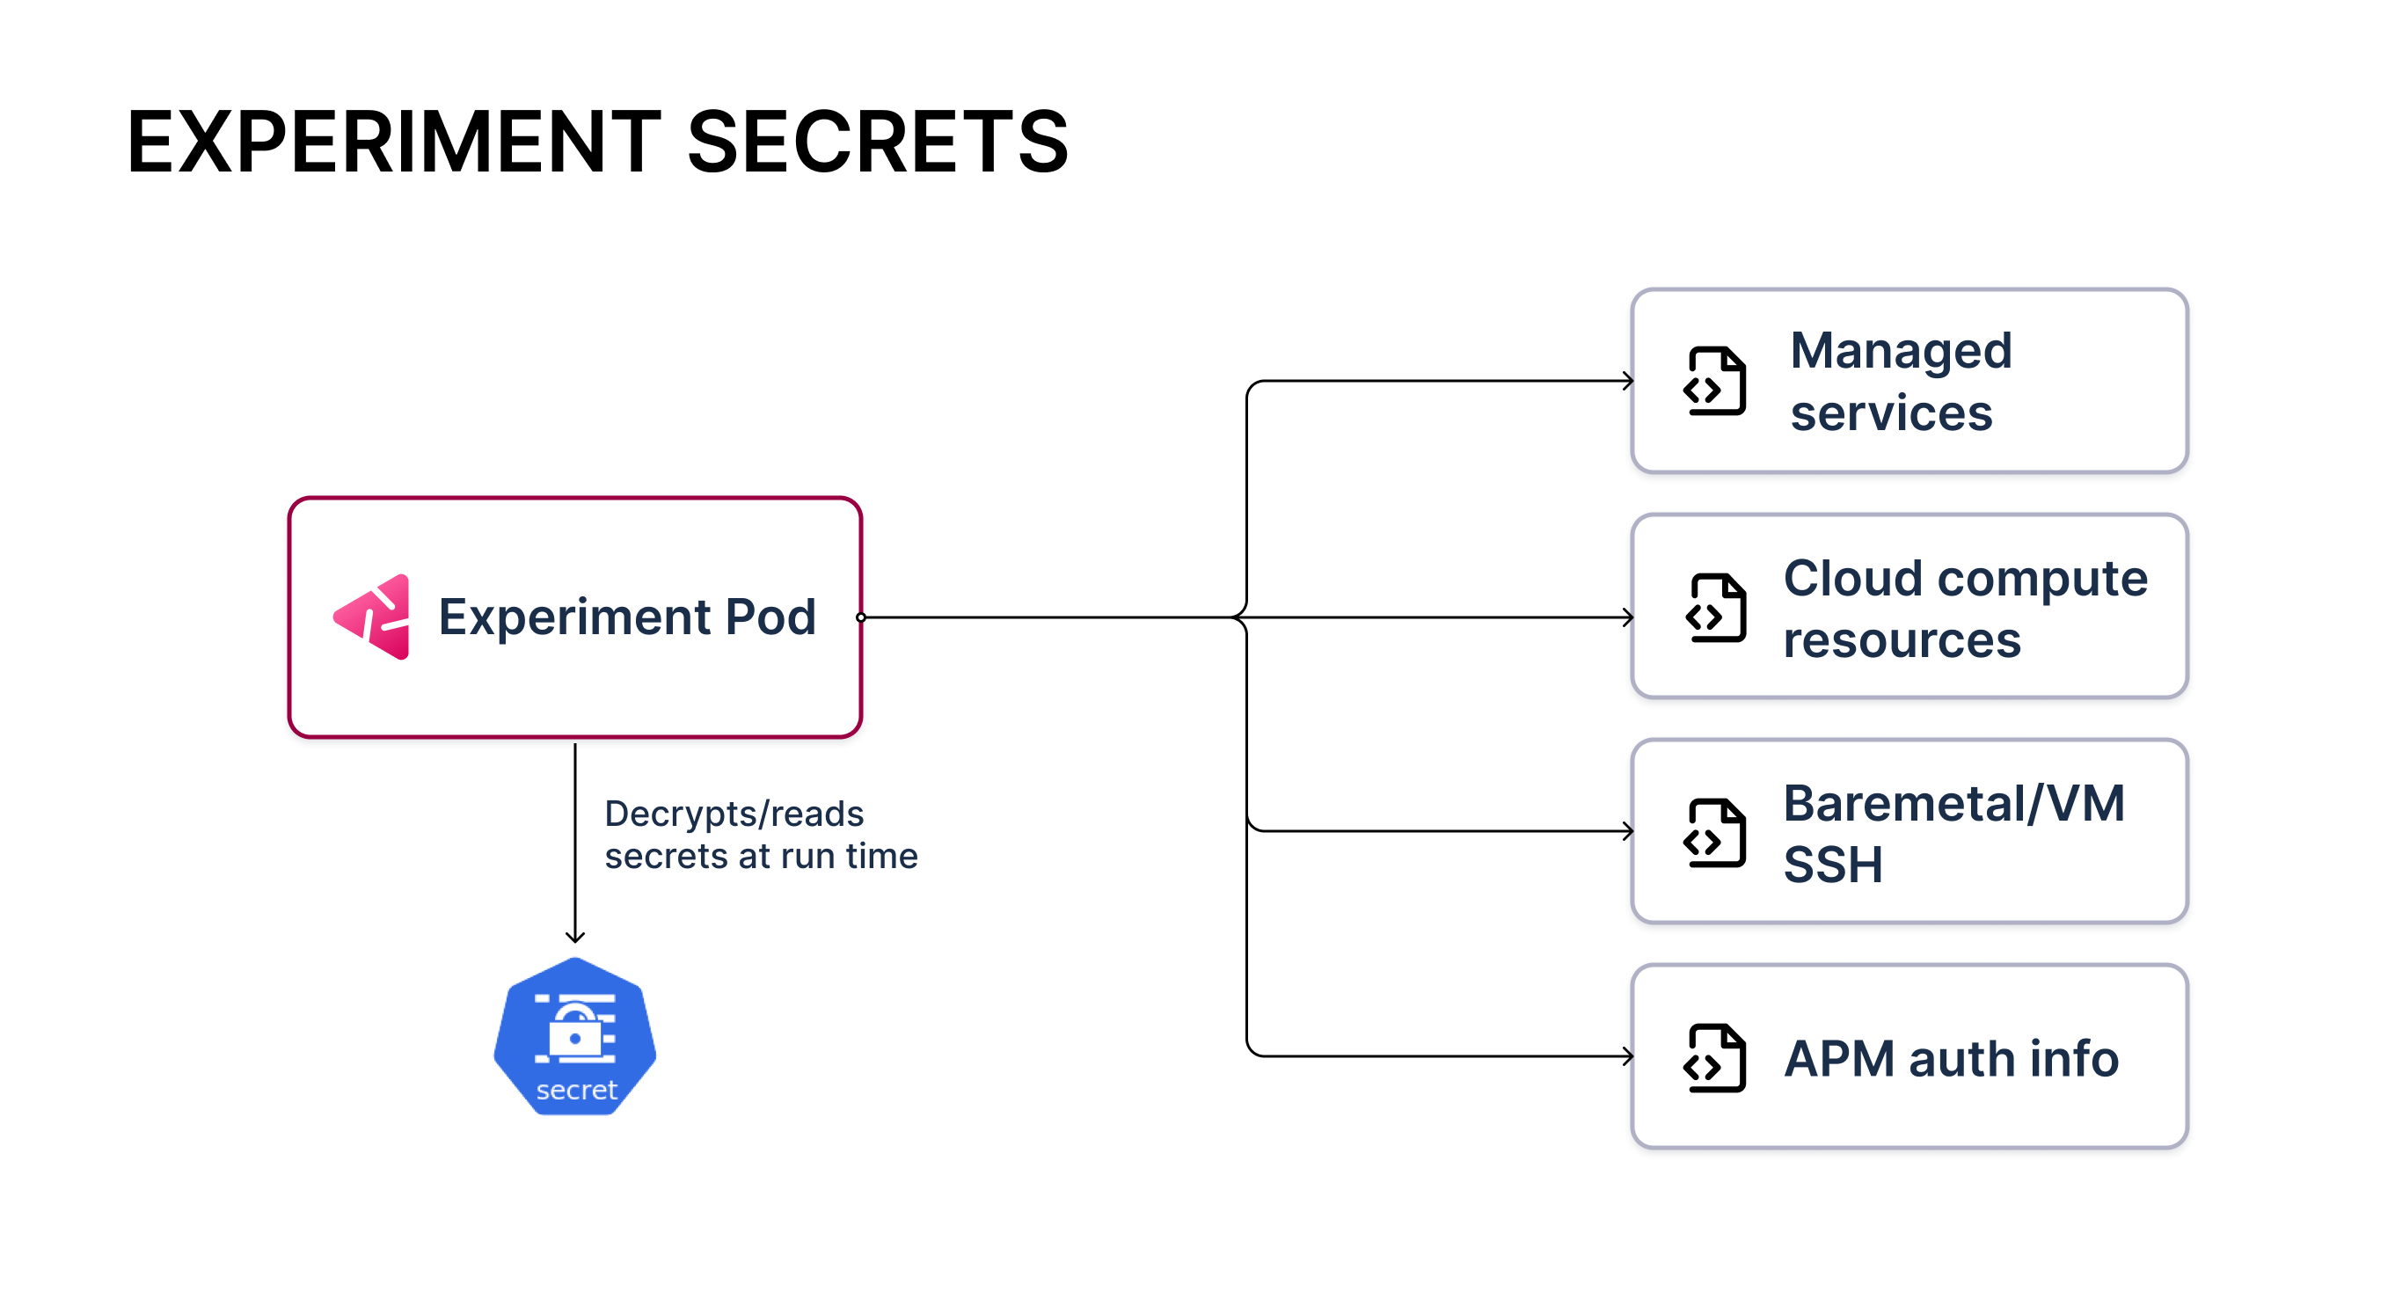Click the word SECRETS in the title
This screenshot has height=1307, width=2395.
878,142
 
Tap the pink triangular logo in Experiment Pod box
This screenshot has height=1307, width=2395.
373,617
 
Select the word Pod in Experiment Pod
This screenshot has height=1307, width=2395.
770,617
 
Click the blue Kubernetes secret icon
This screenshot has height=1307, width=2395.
575,1036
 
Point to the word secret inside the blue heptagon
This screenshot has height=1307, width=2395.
576,1090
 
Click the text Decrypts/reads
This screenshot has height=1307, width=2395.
734,814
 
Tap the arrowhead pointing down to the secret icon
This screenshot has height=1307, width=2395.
575,937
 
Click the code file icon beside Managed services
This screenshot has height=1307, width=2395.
1715,381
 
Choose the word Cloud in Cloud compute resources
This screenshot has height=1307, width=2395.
1852,578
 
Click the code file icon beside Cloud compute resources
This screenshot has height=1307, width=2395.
1715,608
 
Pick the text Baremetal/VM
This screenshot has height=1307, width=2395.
1953,803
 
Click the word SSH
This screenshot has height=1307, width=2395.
1832,865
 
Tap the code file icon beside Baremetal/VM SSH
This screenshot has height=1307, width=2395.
1715,833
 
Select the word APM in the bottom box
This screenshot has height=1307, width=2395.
1838,1059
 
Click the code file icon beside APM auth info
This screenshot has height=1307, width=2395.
1715,1058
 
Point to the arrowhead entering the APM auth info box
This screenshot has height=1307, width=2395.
1628,1056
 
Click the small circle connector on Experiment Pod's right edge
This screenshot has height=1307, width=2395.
861,617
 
